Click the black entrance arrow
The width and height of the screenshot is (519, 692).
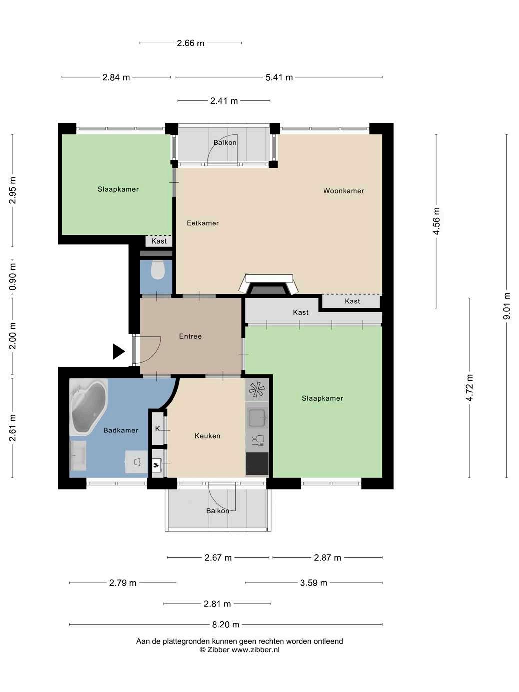click(x=119, y=351)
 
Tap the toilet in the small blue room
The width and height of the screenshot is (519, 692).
click(x=158, y=270)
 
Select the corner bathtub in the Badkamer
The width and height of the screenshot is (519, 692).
click(x=88, y=406)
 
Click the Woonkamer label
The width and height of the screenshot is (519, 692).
click(x=344, y=191)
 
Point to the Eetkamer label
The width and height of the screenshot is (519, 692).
click(x=203, y=223)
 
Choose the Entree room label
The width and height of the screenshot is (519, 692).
click(x=190, y=336)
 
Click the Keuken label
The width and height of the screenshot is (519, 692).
click(x=207, y=436)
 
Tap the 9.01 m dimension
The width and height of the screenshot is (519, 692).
click(x=506, y=306)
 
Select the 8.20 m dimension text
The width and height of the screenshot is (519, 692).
click(x=225, y=624)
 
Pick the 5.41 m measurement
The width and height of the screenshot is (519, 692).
click(x=279, y=77)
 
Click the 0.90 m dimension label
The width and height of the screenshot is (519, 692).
click(x=12, y=277)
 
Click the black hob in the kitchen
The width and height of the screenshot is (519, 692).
click(x=257, y=464)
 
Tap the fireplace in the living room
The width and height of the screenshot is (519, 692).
click(x=269, y=285)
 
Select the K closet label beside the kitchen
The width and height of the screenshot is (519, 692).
click(x=158, y=429)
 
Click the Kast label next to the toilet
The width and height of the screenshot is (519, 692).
click(x=159, y=241)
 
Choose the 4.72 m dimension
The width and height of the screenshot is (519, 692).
click(x=469, y=388)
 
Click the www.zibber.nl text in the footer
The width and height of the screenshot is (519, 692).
click(x=256, y=650)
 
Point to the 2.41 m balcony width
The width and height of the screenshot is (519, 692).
click(x=224, y=101)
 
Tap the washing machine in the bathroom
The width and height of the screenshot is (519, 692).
click(x=137, y=462)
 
